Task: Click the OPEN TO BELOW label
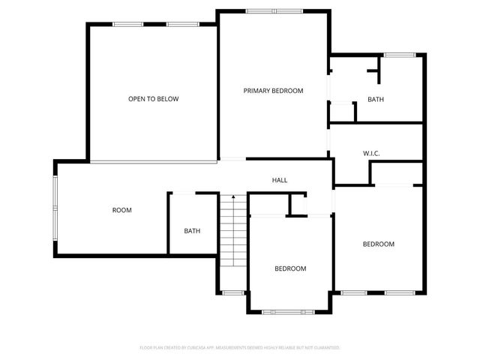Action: pos(153,99)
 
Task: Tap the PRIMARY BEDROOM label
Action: pos(273,91)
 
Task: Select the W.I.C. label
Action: pos(371,154)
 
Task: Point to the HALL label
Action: pos(280,180)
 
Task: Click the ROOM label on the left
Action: pos(121,210)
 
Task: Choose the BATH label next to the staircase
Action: pos(192,230)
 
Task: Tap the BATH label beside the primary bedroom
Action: pos(376,100)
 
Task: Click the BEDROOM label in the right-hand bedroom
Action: pos(379,244)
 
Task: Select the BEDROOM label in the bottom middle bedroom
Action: pos(289,268)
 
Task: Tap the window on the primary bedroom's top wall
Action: pos(274,11)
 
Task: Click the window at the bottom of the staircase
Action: pos(233,292)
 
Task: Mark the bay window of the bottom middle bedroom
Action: pos(289,311)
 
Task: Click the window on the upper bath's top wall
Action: pos(400,55)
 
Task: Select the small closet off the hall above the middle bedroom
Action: pos(298,204)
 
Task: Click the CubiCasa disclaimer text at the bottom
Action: pos(240,348)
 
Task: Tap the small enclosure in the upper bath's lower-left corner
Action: pos(341,111)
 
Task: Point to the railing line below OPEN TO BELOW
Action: pos(153,161)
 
